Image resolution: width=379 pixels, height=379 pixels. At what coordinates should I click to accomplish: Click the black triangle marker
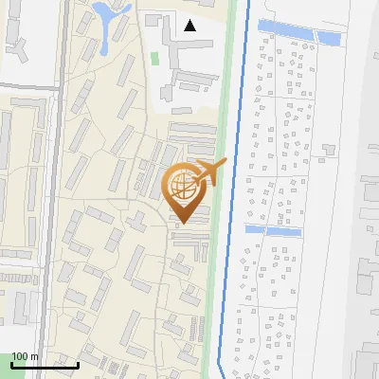click(x=190, y=26)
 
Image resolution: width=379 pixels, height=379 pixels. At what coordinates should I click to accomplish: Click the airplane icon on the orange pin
click(x=214, y=171)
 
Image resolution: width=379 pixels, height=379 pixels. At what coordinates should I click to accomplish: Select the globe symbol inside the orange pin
click(x=184, y=185)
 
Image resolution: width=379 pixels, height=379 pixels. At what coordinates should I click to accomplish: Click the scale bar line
click(x=45, y=365)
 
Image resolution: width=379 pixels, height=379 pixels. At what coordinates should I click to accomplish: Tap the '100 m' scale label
click(x=25, y=357)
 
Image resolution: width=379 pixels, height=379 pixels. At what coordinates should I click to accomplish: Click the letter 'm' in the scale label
click(x=35, y=357)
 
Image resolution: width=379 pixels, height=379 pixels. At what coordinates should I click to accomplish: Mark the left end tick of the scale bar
click(x=11, y=362)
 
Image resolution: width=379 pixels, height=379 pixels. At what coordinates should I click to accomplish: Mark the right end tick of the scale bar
click(x=78, y=362)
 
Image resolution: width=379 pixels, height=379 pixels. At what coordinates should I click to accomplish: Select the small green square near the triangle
click(x=154, y=59)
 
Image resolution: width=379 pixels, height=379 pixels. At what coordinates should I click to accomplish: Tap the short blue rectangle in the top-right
click(x=329, y=37)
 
